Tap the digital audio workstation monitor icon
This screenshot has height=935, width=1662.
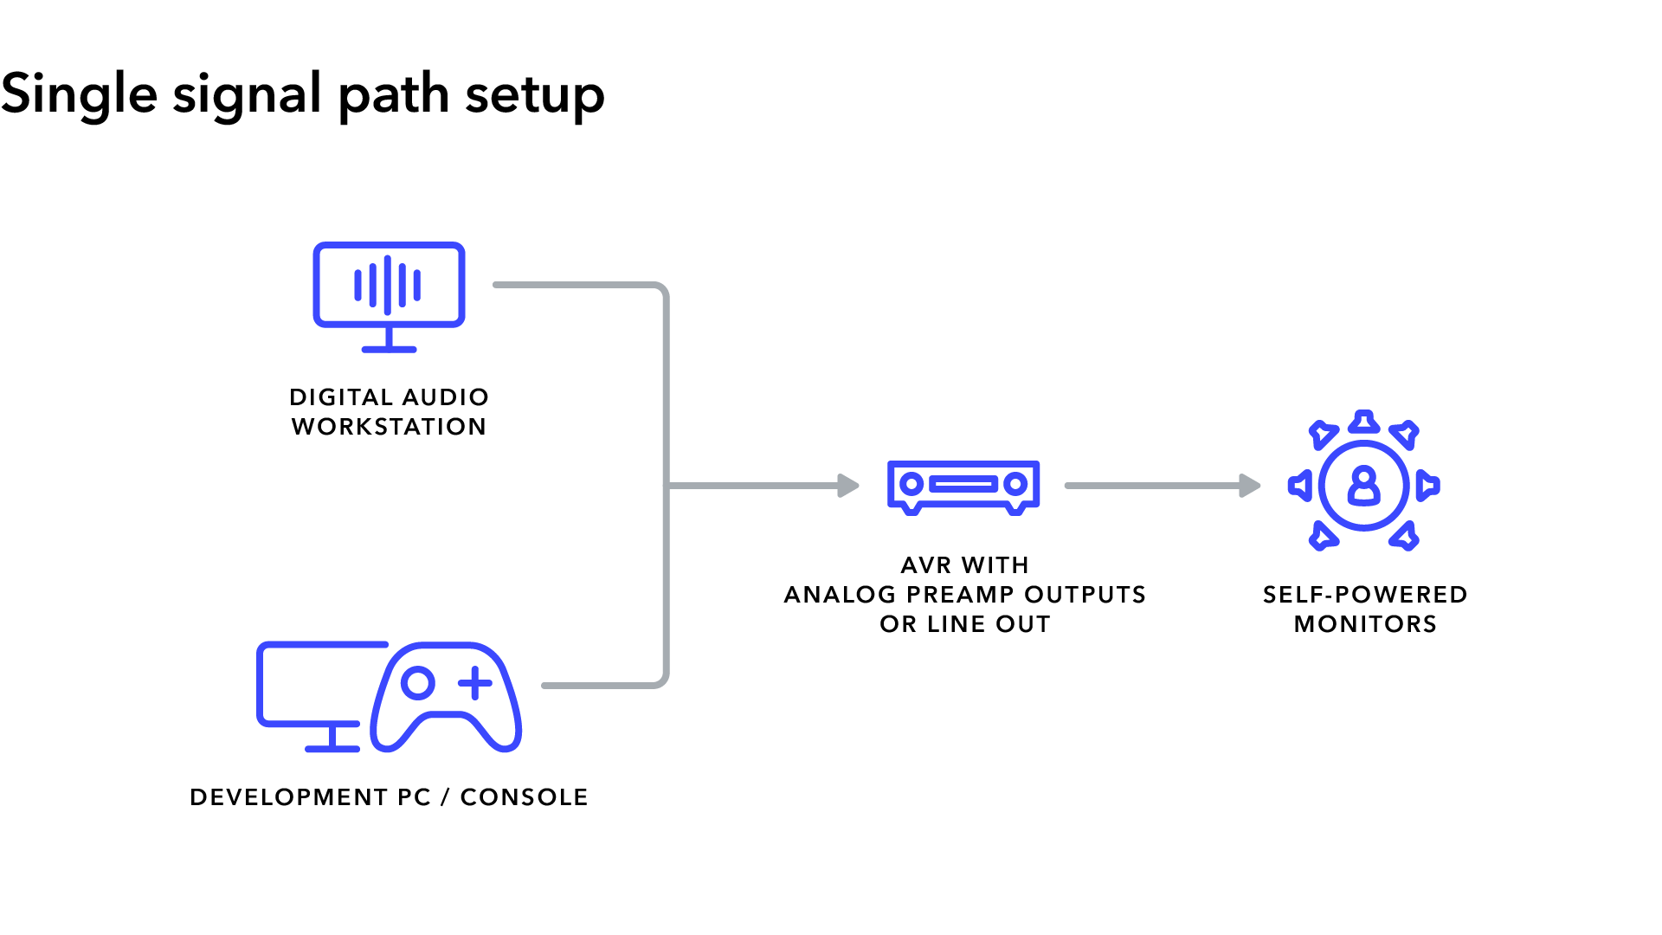click(389, 294)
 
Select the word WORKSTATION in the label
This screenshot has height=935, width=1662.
click(389, 427)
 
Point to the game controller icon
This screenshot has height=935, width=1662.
click(446, 697)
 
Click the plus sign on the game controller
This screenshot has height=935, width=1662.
click(474, 683)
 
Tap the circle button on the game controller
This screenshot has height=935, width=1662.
click(418, 683)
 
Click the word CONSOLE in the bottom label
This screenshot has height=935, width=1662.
click(524, 797)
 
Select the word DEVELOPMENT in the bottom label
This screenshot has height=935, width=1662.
click(288, 797)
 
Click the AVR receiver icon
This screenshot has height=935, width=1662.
click(963, 487)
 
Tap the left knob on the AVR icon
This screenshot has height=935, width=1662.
click(911, 485)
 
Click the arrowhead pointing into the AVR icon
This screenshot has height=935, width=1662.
click(848, 486)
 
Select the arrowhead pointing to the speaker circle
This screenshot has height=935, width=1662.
click(1249, 486)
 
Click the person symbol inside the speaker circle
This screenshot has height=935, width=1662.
click(1363, 486)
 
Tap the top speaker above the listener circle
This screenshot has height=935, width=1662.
click(1364, 422)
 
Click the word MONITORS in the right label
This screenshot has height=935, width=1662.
click(1365, 624)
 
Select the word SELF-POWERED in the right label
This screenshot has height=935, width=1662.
click(1365, 595)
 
